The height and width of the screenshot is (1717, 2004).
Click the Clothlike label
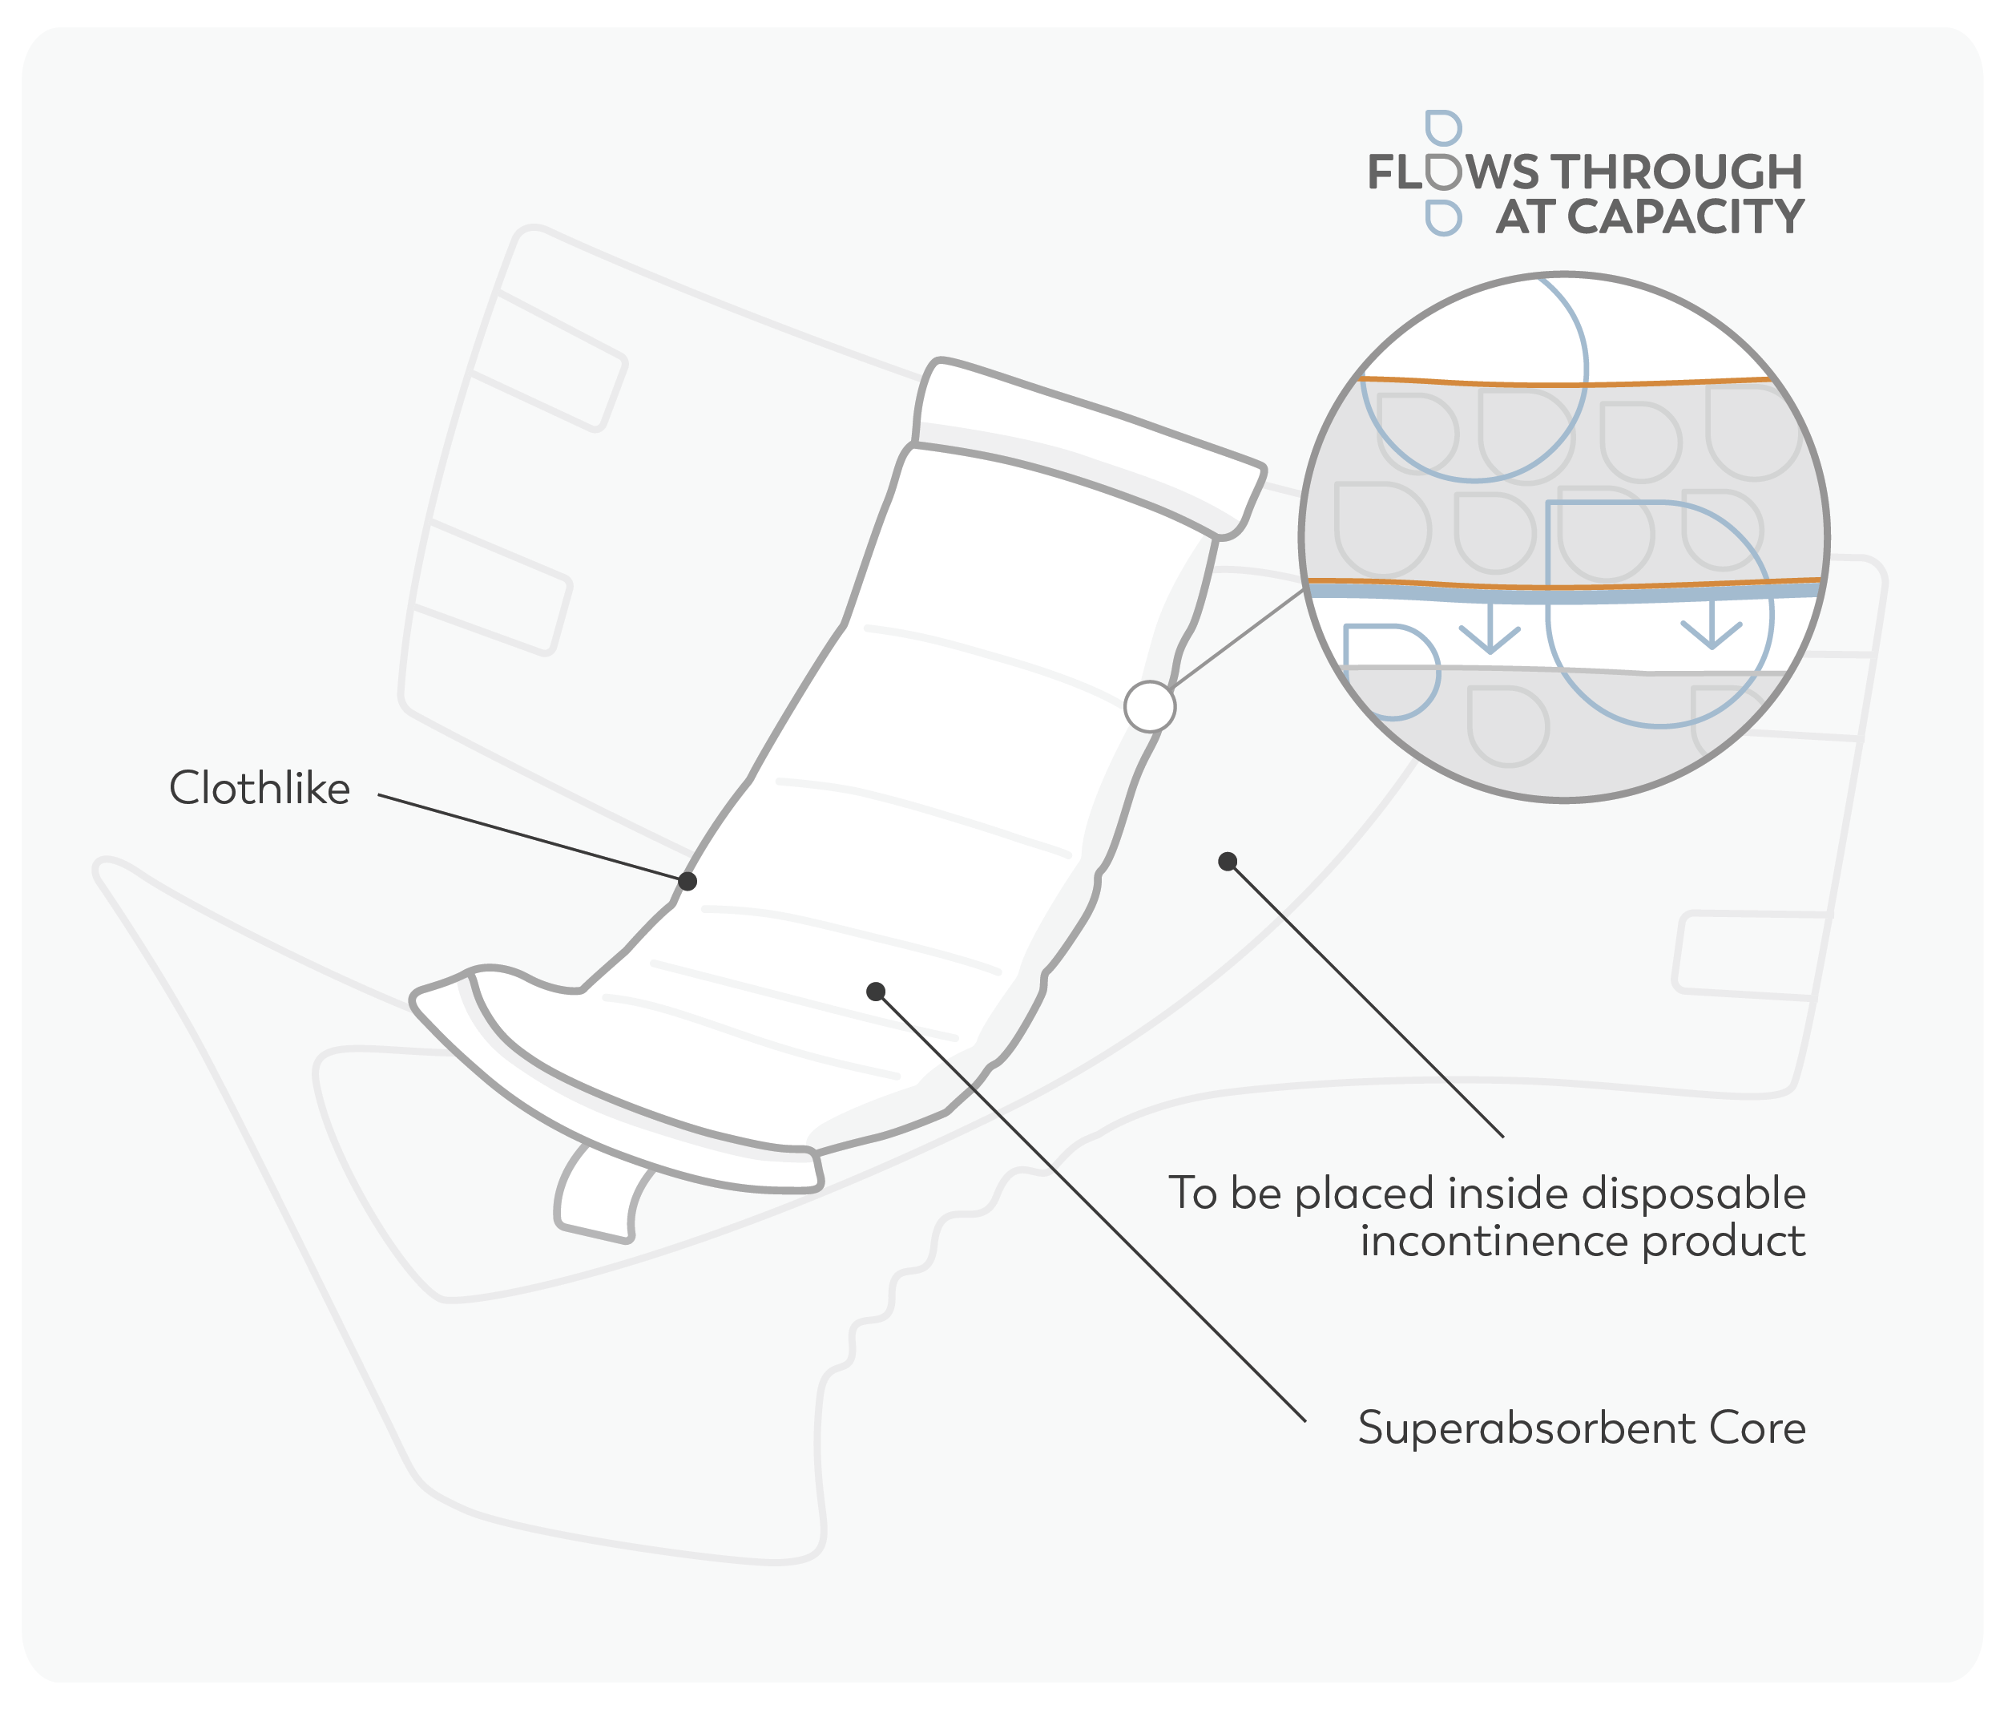click(x=259, y=789)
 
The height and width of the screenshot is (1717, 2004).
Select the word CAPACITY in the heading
click(x=1685, y=216)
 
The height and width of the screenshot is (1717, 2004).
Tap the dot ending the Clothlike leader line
click(x=687, y=881)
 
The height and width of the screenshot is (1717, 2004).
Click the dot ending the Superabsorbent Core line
click(x=875, y=992)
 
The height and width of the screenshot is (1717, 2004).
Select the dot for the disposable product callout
click(x=1228, y=861)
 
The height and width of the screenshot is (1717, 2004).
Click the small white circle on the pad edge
click(x=1150, y=706)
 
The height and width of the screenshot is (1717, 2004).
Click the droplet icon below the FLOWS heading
click(x=1443, y=219)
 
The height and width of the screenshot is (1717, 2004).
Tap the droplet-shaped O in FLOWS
click(x=1443, y=172)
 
